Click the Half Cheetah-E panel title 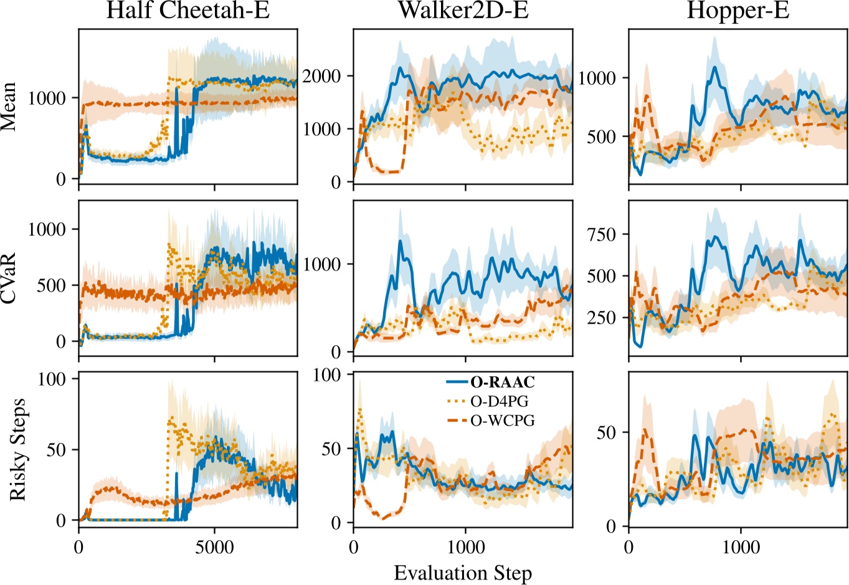click(x=187, y=11)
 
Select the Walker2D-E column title click(x=463, y=11)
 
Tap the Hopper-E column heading click(x=738, y=11)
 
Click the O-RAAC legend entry click(x=503, y=383)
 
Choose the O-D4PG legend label click(x=499, y=402)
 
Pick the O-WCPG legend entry click(x=502, y=421)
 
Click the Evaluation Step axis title click(x=463, y=573)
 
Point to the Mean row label click(x=9, y=107)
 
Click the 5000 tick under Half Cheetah click(x=215, y=548)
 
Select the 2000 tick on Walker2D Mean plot click(x=321, y=76)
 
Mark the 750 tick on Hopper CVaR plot click(x=602, y=234)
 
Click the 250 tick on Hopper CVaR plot click(x=602, y=318)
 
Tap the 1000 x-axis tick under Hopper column click(x=741, y=548)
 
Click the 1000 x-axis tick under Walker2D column click(x=466, y=548)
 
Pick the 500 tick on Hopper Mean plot click(x=602, y=136)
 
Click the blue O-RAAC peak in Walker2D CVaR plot click(x=401, y=241)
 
